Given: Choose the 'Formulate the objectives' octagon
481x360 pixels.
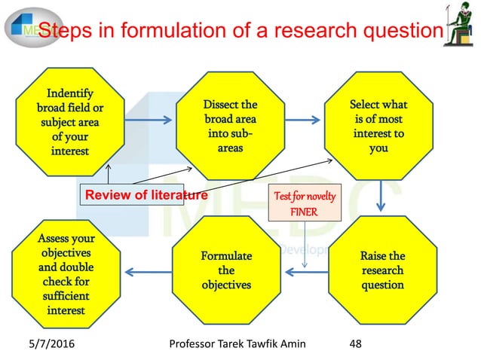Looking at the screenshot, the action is coord(226,270).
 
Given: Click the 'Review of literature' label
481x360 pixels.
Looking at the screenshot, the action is coord(146,195).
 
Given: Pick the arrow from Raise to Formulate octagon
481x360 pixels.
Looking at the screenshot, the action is coord(306,272).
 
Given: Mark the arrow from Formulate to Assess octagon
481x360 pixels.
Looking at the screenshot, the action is coord(147,272).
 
